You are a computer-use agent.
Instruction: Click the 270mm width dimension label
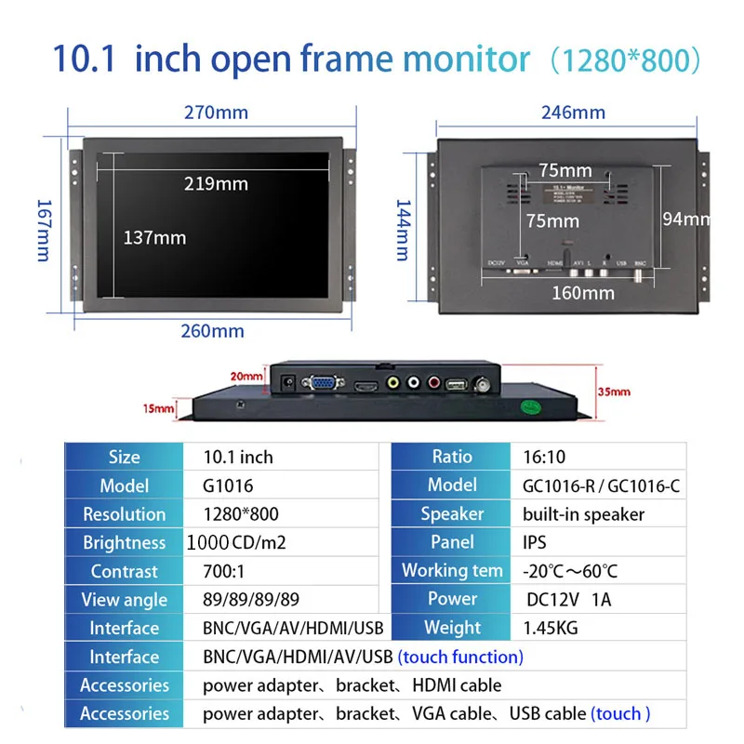[x=216, y=113]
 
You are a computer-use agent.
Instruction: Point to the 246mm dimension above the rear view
[x=573, y=113]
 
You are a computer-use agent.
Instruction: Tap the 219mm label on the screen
[x=216, y=183]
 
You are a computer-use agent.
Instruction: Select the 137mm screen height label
[x=154, y=237]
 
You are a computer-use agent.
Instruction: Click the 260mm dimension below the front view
[x=214, y=331]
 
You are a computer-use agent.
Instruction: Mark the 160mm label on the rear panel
[x=584, y=293]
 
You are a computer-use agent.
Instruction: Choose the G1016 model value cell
[x=228, y=485]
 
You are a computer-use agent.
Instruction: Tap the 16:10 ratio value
[x=544, y=457]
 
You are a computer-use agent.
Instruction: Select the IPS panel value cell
[x=535, y=542]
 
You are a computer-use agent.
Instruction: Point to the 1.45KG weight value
[x=551, y=628]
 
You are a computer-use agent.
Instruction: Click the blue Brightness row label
[x=124, y=542]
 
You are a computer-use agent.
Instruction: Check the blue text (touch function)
[x=460, y=657]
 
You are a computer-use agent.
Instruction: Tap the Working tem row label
[x=452, y=571]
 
